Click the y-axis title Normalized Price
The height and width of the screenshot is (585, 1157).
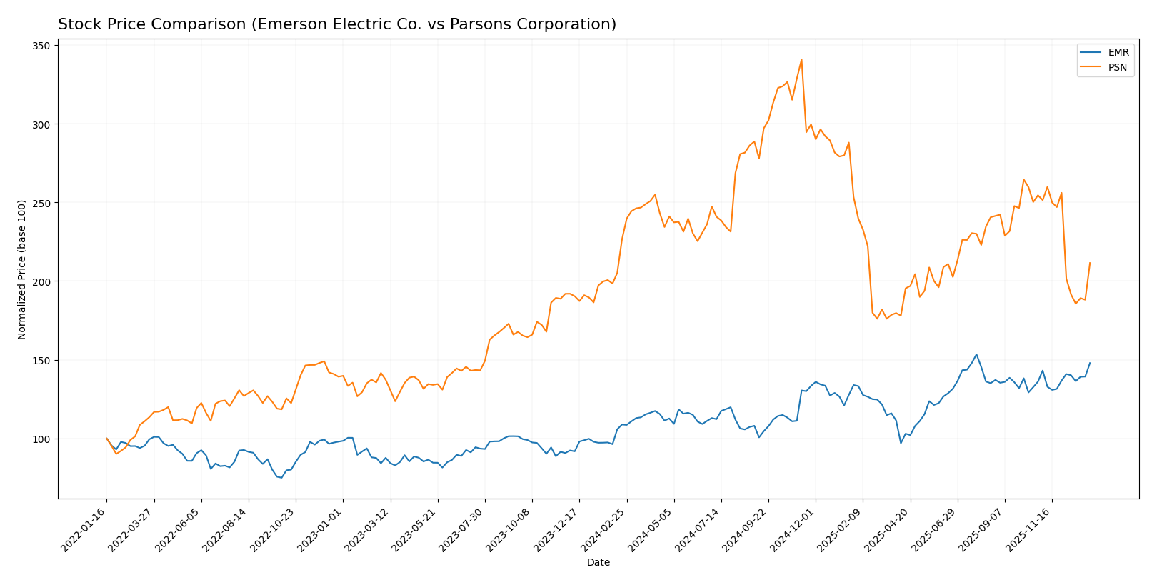pos(22,269)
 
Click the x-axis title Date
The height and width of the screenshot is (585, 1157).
pos(598,563)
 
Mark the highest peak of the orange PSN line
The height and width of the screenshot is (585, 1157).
pos(801,59)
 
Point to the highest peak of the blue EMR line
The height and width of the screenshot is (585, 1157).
pos(976,354)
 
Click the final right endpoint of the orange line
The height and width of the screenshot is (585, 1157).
pos(1090,263)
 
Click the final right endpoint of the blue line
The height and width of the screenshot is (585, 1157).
pos(1090,363)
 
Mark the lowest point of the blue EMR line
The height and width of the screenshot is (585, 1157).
pos(281,477)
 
